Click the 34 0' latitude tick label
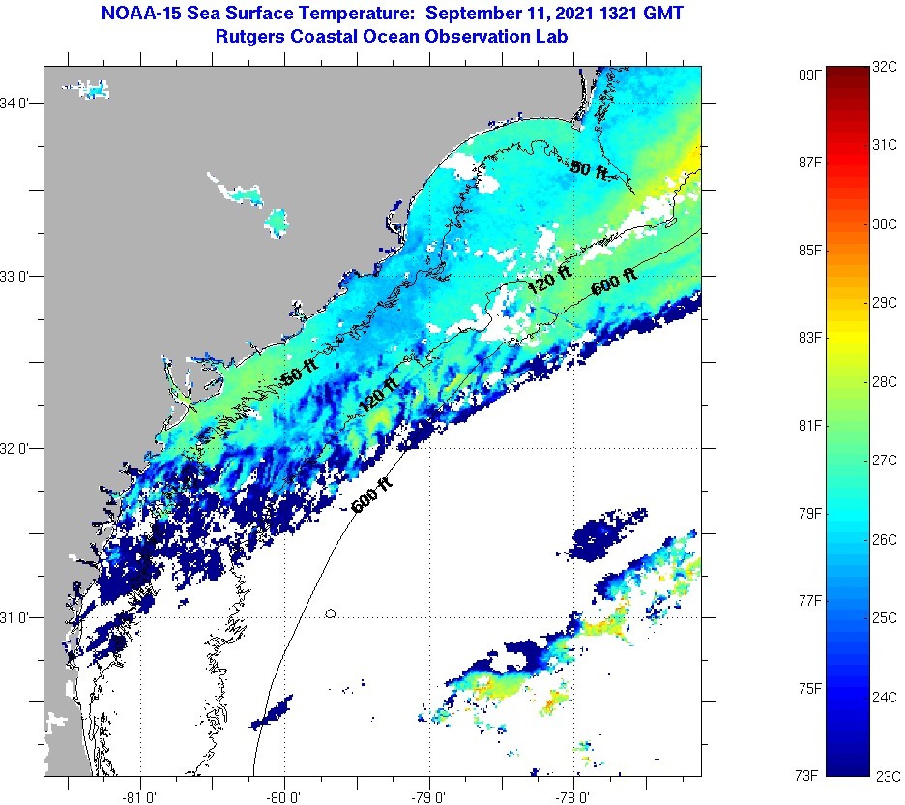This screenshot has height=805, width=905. click(18, 103)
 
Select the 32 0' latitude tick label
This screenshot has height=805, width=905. click(18, 448)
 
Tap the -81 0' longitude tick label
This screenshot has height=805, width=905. click(141, 795)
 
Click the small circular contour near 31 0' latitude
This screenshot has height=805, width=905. click(332, 613)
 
